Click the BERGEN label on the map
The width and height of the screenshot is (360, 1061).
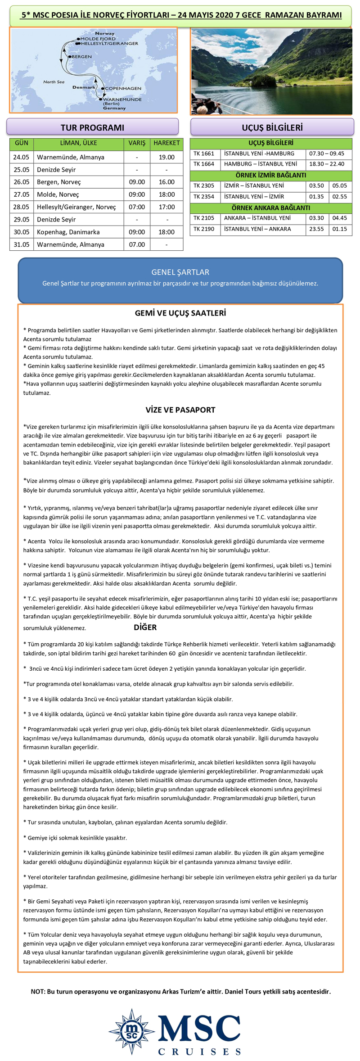81,57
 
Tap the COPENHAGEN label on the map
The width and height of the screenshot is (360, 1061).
123,88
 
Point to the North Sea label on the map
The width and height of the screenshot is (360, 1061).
54,82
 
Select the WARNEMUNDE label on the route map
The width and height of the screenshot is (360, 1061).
122,99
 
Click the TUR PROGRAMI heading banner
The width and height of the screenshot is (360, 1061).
92,127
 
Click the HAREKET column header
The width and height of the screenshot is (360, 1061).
166,143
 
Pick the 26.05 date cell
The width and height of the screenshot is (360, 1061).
21,182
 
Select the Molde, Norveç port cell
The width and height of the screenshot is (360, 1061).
58,194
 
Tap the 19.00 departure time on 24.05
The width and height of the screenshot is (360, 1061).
166,157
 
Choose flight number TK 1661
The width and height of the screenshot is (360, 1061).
204,154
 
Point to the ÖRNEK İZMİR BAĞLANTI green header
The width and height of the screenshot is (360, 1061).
271,175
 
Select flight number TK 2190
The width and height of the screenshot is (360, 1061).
204,229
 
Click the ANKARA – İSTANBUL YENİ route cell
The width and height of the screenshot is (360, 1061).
257,218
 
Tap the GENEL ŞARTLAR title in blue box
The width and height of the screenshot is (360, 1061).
180,272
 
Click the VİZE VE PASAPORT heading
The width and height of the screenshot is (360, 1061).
180,410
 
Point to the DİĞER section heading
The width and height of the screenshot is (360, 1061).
145,627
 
